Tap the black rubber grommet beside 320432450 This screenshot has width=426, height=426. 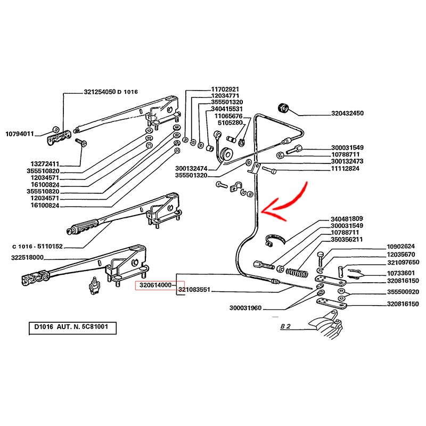(285, 108)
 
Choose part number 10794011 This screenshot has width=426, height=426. (20, 134)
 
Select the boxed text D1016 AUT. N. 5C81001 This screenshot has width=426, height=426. (72, 326)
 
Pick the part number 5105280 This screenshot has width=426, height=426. (228, 122)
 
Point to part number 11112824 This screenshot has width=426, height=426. (347, 168)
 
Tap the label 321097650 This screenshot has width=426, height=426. (403, 262)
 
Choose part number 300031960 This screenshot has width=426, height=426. (246, 308)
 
